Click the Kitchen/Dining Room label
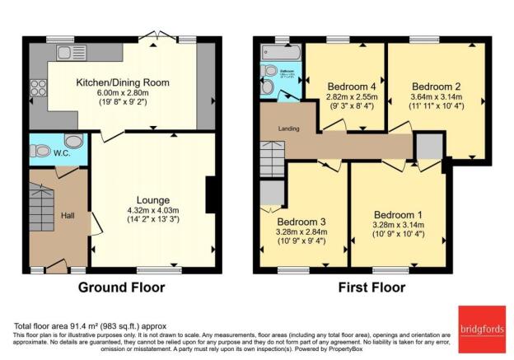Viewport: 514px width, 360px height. [x=123, y=83]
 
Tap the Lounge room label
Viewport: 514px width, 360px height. [x=154, y=199]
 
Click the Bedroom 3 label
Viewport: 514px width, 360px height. [x=301, y=222]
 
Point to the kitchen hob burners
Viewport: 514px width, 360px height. [x=38, y=86]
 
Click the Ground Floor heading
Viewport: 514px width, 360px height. [x=121, y=288]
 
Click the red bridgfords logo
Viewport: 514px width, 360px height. [x=480, y=327]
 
